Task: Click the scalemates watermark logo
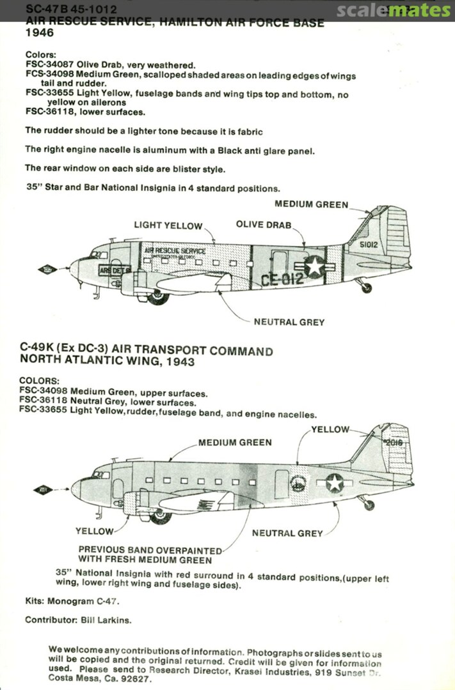point(393,11)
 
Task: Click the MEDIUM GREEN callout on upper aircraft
point(312,204)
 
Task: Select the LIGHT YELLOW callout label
point(168,226)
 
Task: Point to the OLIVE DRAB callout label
point(263,225)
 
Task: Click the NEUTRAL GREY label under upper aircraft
point(289,322)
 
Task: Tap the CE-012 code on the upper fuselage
point(282,279)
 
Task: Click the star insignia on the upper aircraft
point(314,266)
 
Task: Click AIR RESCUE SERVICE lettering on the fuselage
point(175,251)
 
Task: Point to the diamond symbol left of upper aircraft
point(47,269)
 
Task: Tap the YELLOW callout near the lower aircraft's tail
point(330,429)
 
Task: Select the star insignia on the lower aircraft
point(335,483)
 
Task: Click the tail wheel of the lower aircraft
point(367,505)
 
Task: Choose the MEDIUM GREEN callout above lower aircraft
point(234,442)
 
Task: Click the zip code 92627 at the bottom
point(136,680)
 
